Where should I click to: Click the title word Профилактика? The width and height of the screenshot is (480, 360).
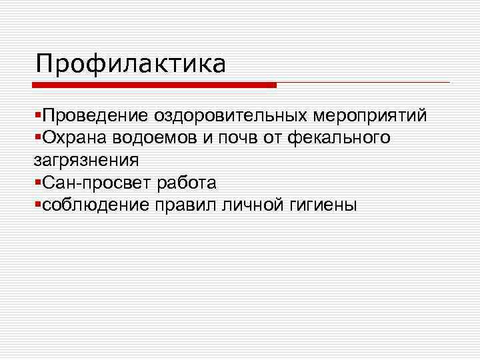click(131, 64)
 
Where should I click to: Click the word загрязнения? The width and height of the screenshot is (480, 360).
click(87, 161)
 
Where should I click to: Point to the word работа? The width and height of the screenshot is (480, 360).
click(184, 183)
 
